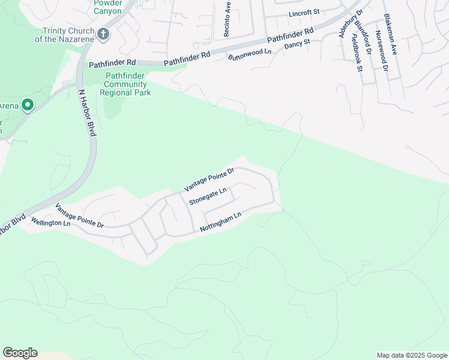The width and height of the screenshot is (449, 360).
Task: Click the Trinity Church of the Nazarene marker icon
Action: click(103, 34)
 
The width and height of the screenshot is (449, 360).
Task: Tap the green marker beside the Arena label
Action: click(27, 106)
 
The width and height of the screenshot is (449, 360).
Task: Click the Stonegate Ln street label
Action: click(208, 196)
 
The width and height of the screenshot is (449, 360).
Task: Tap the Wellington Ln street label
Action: click(51, 223)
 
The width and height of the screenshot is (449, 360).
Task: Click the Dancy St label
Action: click(297, 43)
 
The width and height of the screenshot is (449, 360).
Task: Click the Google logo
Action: click(20, 353)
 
